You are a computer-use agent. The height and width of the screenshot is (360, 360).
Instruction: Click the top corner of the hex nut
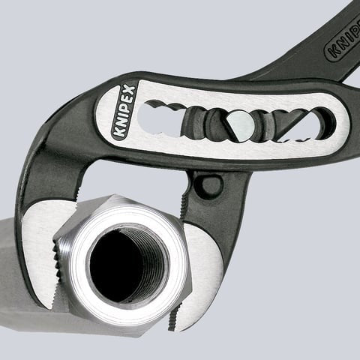[x=112, y=196]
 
